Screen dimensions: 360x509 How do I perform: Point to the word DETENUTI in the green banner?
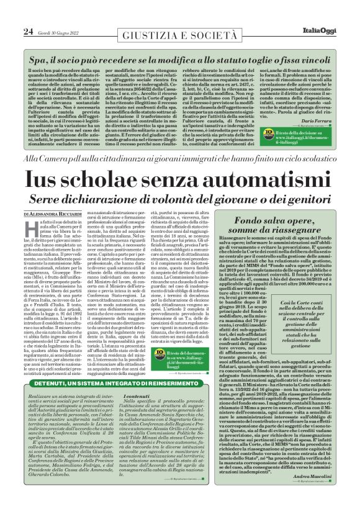point(53,384)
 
